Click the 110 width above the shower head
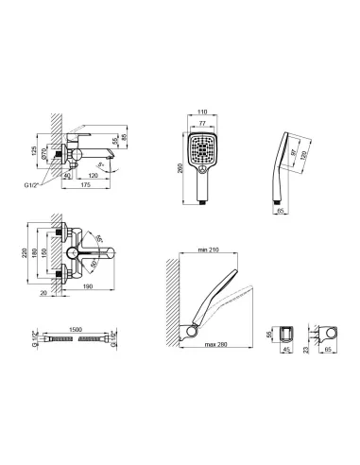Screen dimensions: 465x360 (x=199, y=111)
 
